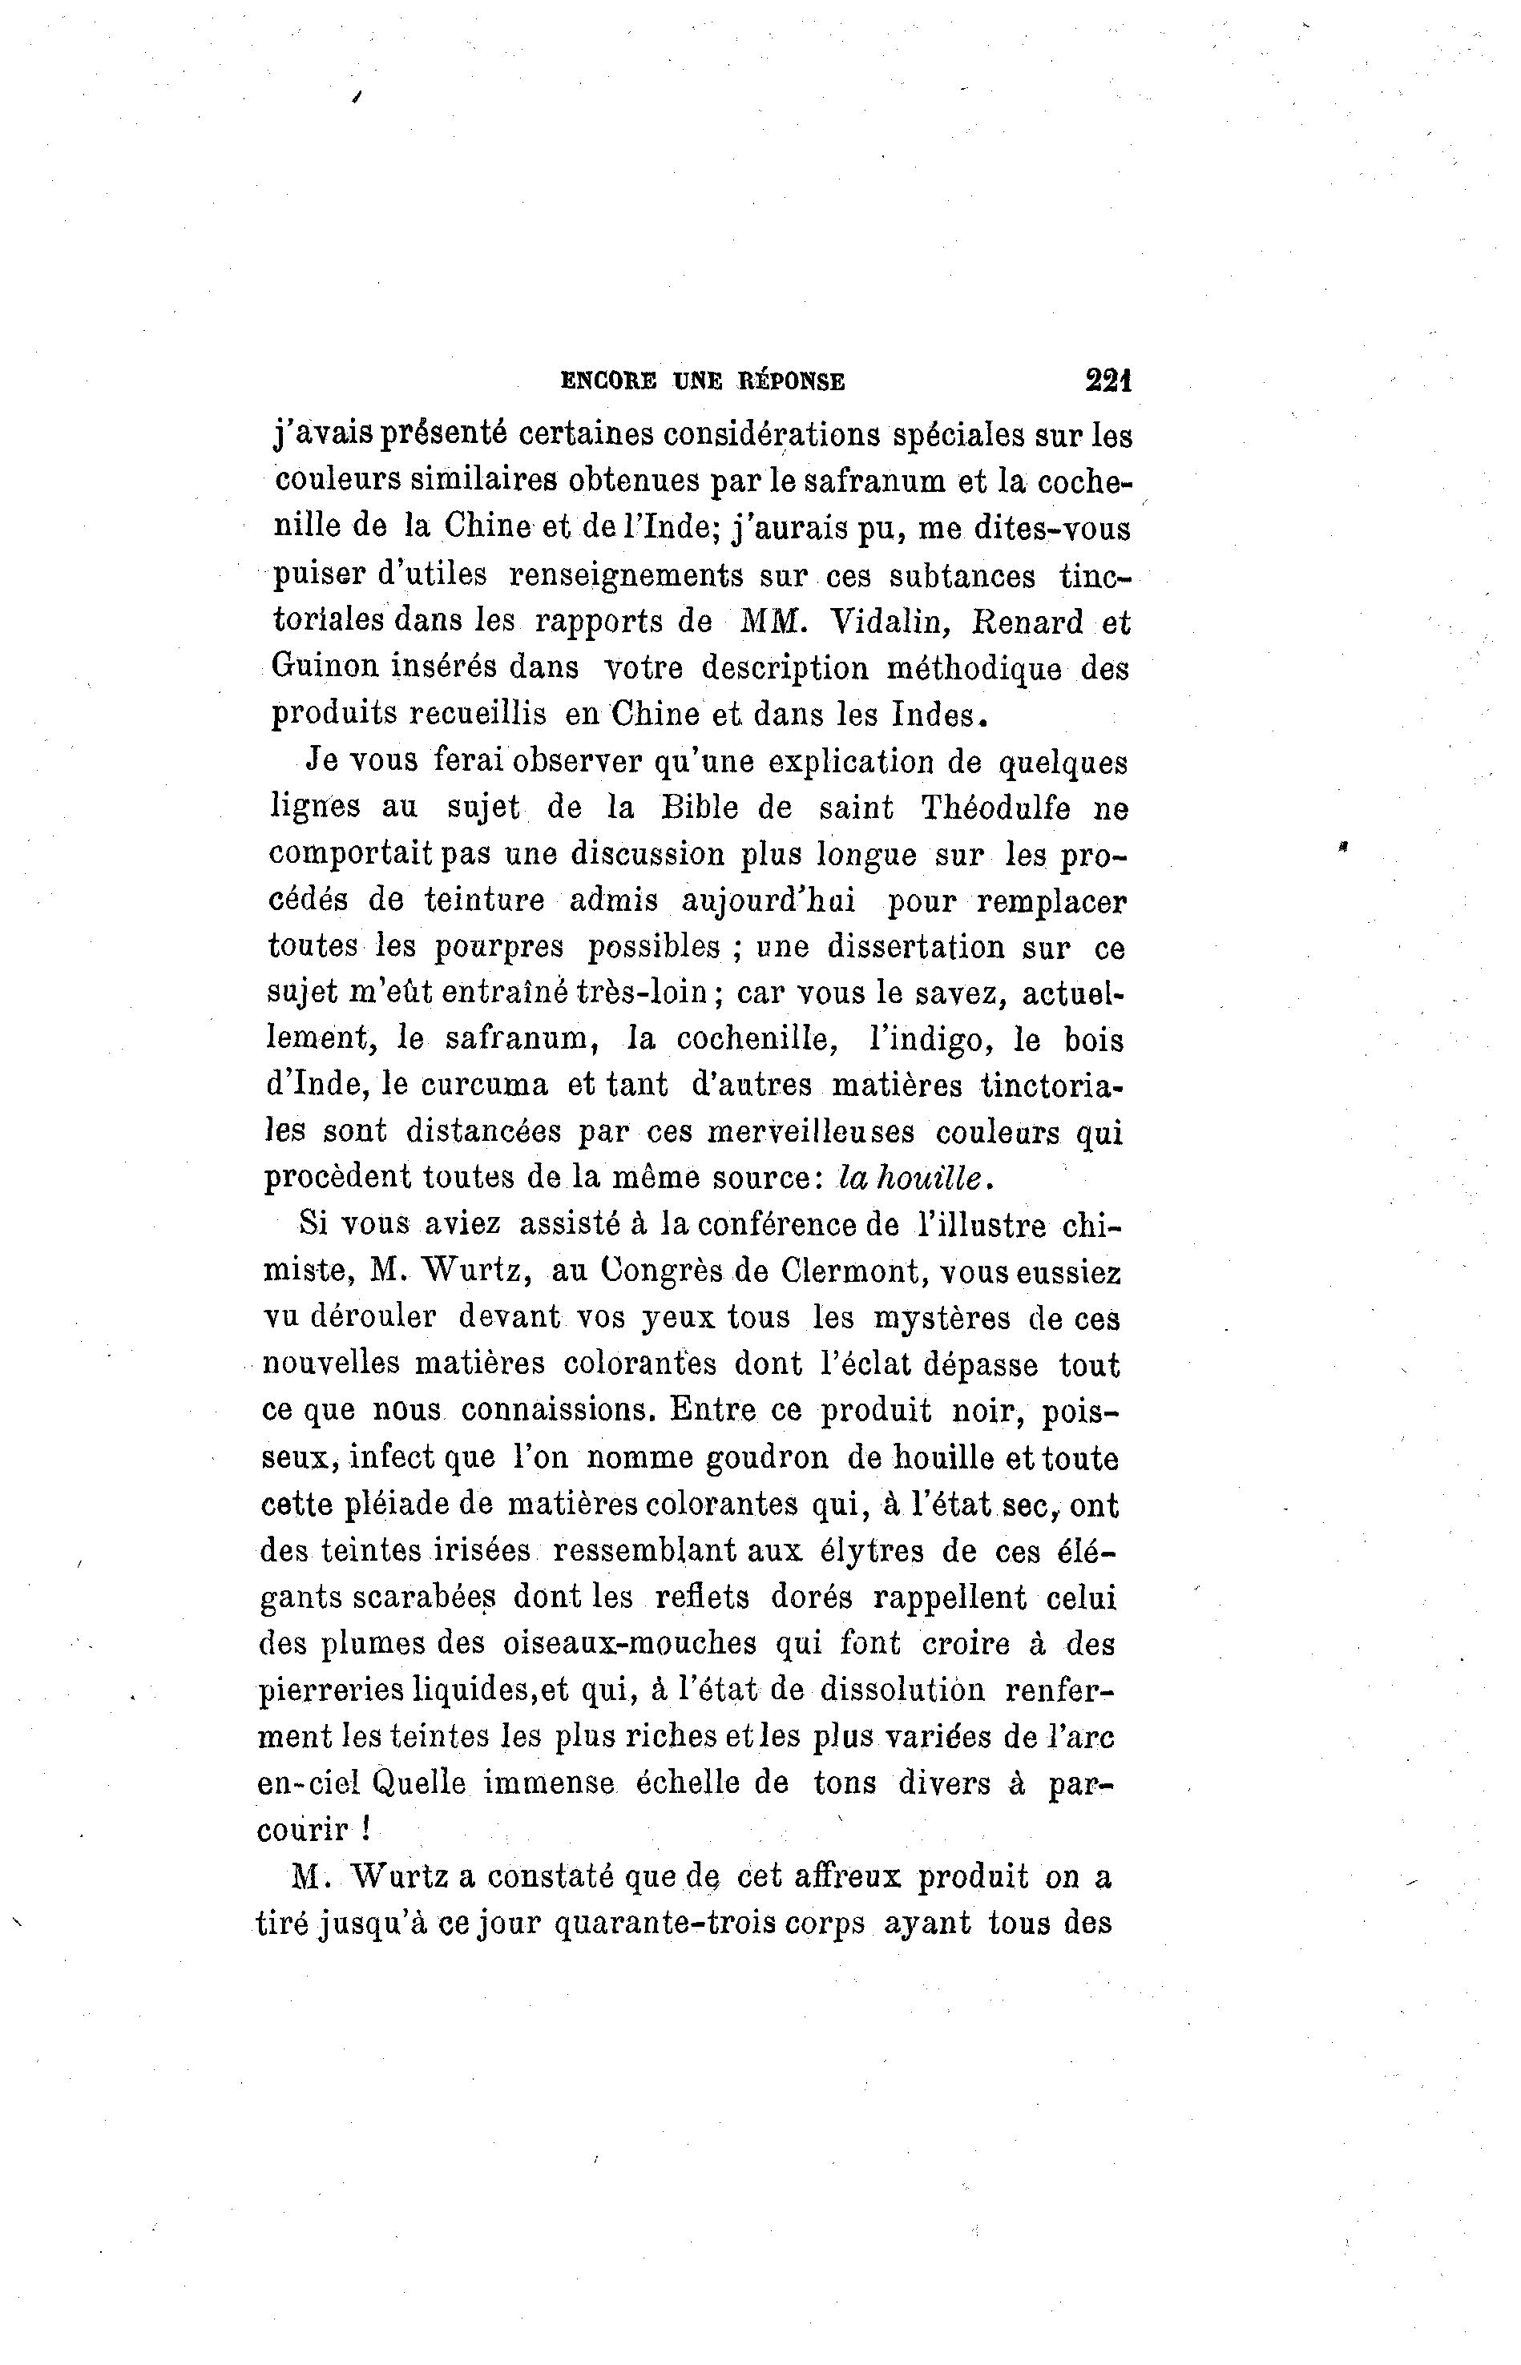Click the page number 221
(1107, 381)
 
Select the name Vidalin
(892, 622)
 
